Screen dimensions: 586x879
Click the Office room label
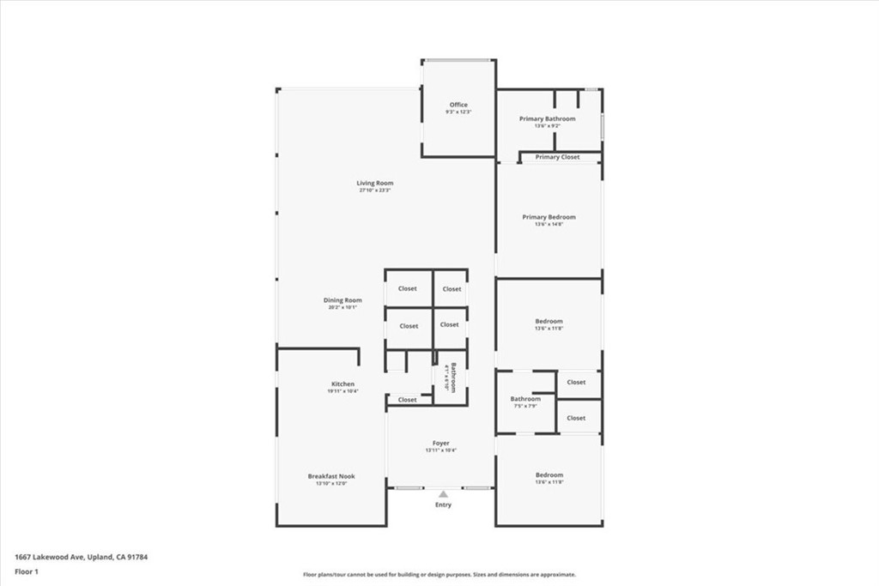[458, 105]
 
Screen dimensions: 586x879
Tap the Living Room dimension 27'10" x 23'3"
[376, 190]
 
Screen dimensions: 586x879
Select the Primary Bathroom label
[548, 118]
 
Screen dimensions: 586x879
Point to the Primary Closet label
[558, 157]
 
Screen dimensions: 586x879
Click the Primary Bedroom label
[549, 217]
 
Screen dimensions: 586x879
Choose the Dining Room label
[343, 300]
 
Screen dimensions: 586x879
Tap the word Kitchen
[343, 384]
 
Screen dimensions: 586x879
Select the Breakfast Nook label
[331, 476]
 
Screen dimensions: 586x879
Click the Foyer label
[440, 443]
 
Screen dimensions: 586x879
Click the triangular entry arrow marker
[443, 494]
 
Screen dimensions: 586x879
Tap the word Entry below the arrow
[443, 504]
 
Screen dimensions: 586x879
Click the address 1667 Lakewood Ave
[49, 557]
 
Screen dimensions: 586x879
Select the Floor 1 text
[26, 571]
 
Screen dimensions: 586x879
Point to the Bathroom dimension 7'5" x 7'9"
[525, 406]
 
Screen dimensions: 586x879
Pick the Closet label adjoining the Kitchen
[408, 400]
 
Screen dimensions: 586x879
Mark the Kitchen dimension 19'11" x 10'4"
[343, 391]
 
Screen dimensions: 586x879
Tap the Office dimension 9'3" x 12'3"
[458, 112]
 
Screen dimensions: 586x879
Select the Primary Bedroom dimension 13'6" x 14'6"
[549, 225]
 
